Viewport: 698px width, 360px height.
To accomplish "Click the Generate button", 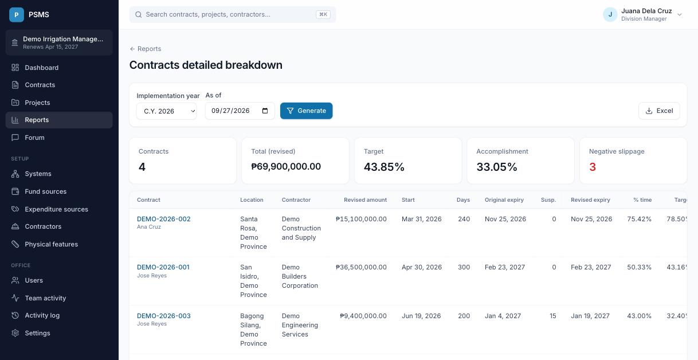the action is click(x=306, y=111).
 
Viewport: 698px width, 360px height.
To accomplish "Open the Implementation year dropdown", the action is click(x=166, y=111).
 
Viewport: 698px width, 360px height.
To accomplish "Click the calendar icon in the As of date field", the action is click(x=265, y=111).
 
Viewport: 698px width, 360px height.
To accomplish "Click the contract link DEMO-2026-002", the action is click(x=163, y=219).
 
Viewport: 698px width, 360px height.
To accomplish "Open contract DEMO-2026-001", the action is click(x=163, y=267).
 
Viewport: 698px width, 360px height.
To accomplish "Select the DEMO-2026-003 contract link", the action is click(x=163, y=316).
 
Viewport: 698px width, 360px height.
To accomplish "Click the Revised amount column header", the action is click(x=365, y=200).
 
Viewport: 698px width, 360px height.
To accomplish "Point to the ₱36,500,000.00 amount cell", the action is click(x=361, y=267).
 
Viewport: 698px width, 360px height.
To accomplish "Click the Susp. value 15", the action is click(x=553, y=316).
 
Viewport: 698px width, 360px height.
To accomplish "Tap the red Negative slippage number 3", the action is click(x=593, y=167).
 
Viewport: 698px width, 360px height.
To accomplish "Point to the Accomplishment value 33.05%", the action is click(x=497, y=167).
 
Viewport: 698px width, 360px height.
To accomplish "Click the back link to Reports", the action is click(x=145, y=49).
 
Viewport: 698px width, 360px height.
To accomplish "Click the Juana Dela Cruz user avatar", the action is click(x=610, y=14).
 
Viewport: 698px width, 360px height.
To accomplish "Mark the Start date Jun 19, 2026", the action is click(x=421, y=316).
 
